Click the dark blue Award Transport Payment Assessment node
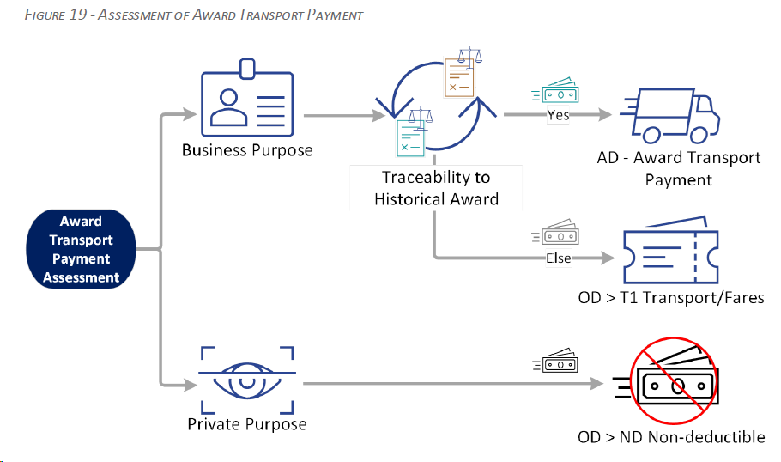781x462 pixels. pos(81,249)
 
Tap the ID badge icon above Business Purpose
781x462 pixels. pos(247,98)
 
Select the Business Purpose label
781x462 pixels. pos(247,150)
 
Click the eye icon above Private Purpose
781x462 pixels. pos(247,380)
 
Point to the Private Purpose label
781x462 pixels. pos(247,424)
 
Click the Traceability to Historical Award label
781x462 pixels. pos(436,188)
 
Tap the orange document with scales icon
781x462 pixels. pos(463,72)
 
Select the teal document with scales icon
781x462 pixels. pos(415,132)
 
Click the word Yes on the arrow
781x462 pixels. pos(558,115)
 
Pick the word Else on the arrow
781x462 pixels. pos(559,258)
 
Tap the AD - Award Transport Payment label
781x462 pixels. pos(678,168)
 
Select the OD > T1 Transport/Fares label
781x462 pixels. pos(671,297)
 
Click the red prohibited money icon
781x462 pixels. pos(673,380)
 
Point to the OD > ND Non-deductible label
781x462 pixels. pos(671,437)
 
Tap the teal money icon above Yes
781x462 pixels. pos(555,91)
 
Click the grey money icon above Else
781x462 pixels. pos(555,233)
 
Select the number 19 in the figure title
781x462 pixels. pos(78,15)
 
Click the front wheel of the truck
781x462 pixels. pos(699,135)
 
